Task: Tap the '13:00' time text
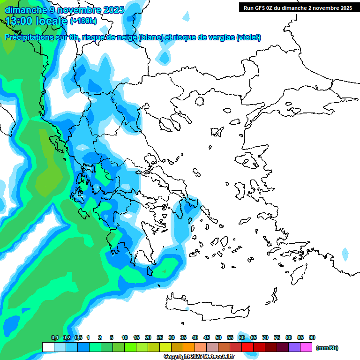tap(17, 21)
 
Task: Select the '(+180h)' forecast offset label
tap(83, 21)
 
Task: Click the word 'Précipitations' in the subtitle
tap(36, 37)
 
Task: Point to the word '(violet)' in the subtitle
tap(249, 37)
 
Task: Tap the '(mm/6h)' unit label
tap(327, 348)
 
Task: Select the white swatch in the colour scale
tap(48, 347)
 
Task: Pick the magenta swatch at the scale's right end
tap(306, 347)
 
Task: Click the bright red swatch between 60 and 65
tap(247, 347)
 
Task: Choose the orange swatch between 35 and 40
tap(189, 347)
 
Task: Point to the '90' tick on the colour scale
tap(312, 337)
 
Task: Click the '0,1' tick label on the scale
tap(54, 337)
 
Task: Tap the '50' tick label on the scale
tap(218, 337)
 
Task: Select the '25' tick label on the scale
tap(160, 337)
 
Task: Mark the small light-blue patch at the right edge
tap(345, 255)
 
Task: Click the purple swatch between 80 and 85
tap(294, 347)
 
